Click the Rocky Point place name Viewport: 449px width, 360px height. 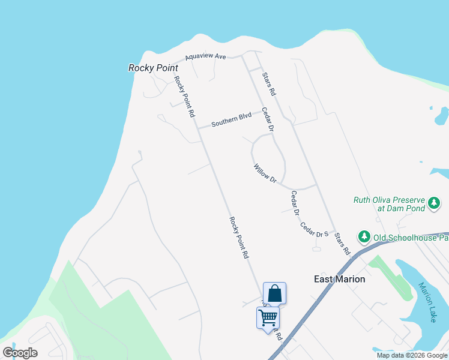pos(154,68)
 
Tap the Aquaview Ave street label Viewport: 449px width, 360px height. pos(205,57)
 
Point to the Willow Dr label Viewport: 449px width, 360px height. pos(264,173)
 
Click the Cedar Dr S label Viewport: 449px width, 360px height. pos(315,229)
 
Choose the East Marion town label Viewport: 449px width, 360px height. pos(340,279)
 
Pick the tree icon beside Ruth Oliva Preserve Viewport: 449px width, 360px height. pos(434,204)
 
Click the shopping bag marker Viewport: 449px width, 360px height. pos(274,293)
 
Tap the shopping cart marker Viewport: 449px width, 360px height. pos(268,317)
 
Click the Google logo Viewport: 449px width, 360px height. pos(20,353)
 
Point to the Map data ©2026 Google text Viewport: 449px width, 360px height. pos(412,355)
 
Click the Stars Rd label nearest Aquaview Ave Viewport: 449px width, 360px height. pos(268,85)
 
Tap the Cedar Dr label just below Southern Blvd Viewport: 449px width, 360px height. pos(268,120)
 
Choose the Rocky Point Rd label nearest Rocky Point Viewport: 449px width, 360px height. pos(184,96)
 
